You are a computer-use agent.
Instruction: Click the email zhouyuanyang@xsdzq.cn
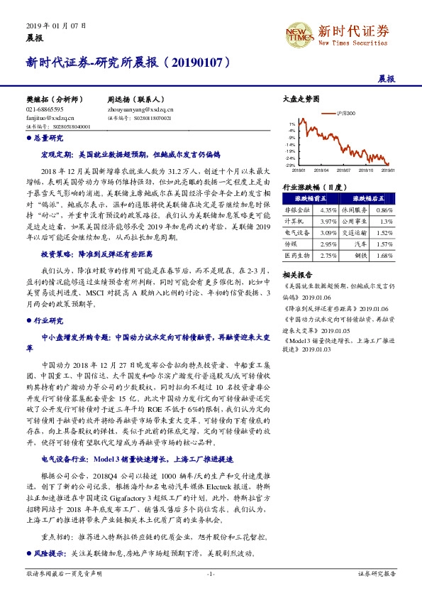(x=140, y=110)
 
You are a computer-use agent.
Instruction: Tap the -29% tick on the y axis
(x=291, y=165)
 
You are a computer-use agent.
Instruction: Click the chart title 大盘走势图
(x=296, y=100)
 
